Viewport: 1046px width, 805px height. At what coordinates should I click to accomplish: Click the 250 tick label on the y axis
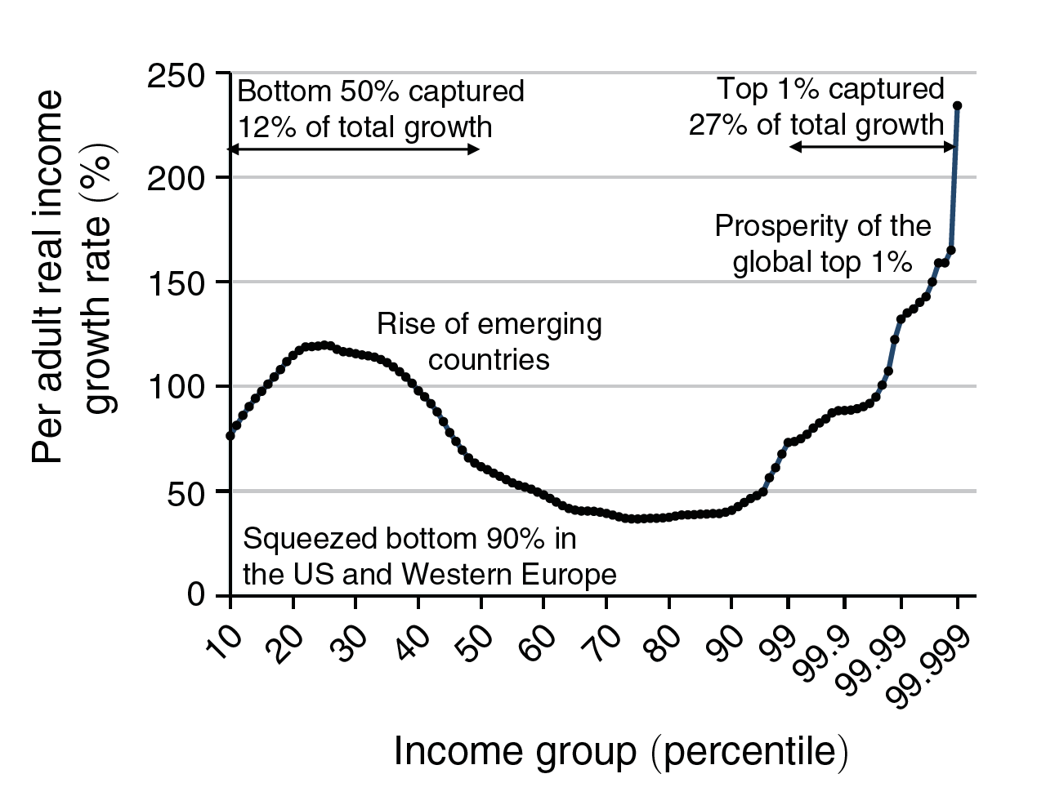coord(175,77)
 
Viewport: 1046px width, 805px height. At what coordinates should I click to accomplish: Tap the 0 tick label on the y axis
coord(196,595)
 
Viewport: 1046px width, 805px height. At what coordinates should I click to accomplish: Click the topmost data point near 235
coord(957,106)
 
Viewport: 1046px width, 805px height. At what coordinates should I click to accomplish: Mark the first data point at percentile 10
coord(230,436)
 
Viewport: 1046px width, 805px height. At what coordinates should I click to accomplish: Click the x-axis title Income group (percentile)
coord(621,751)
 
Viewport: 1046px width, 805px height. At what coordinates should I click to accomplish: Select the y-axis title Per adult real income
coord(47,278)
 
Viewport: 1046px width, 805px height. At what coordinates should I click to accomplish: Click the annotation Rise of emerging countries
coord(489,342)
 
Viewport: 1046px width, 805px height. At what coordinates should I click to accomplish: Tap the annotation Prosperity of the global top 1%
coord(822,244)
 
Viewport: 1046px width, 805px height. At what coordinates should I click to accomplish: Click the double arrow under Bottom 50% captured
coord(353,149)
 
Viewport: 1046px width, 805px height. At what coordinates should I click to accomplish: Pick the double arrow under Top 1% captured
coord(872,147)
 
